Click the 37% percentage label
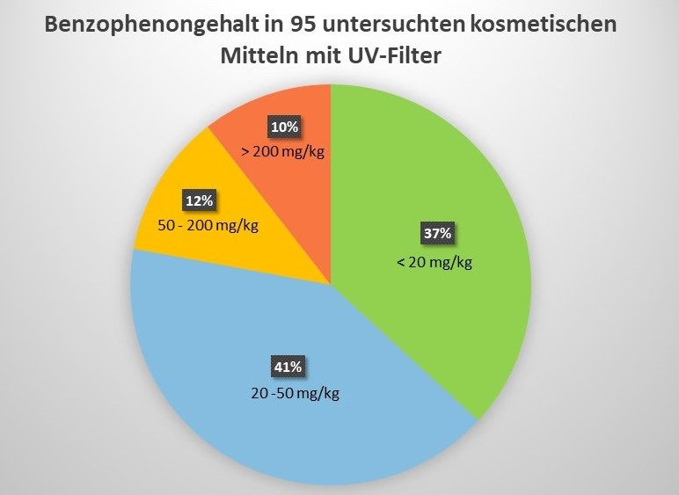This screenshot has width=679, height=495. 437,234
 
